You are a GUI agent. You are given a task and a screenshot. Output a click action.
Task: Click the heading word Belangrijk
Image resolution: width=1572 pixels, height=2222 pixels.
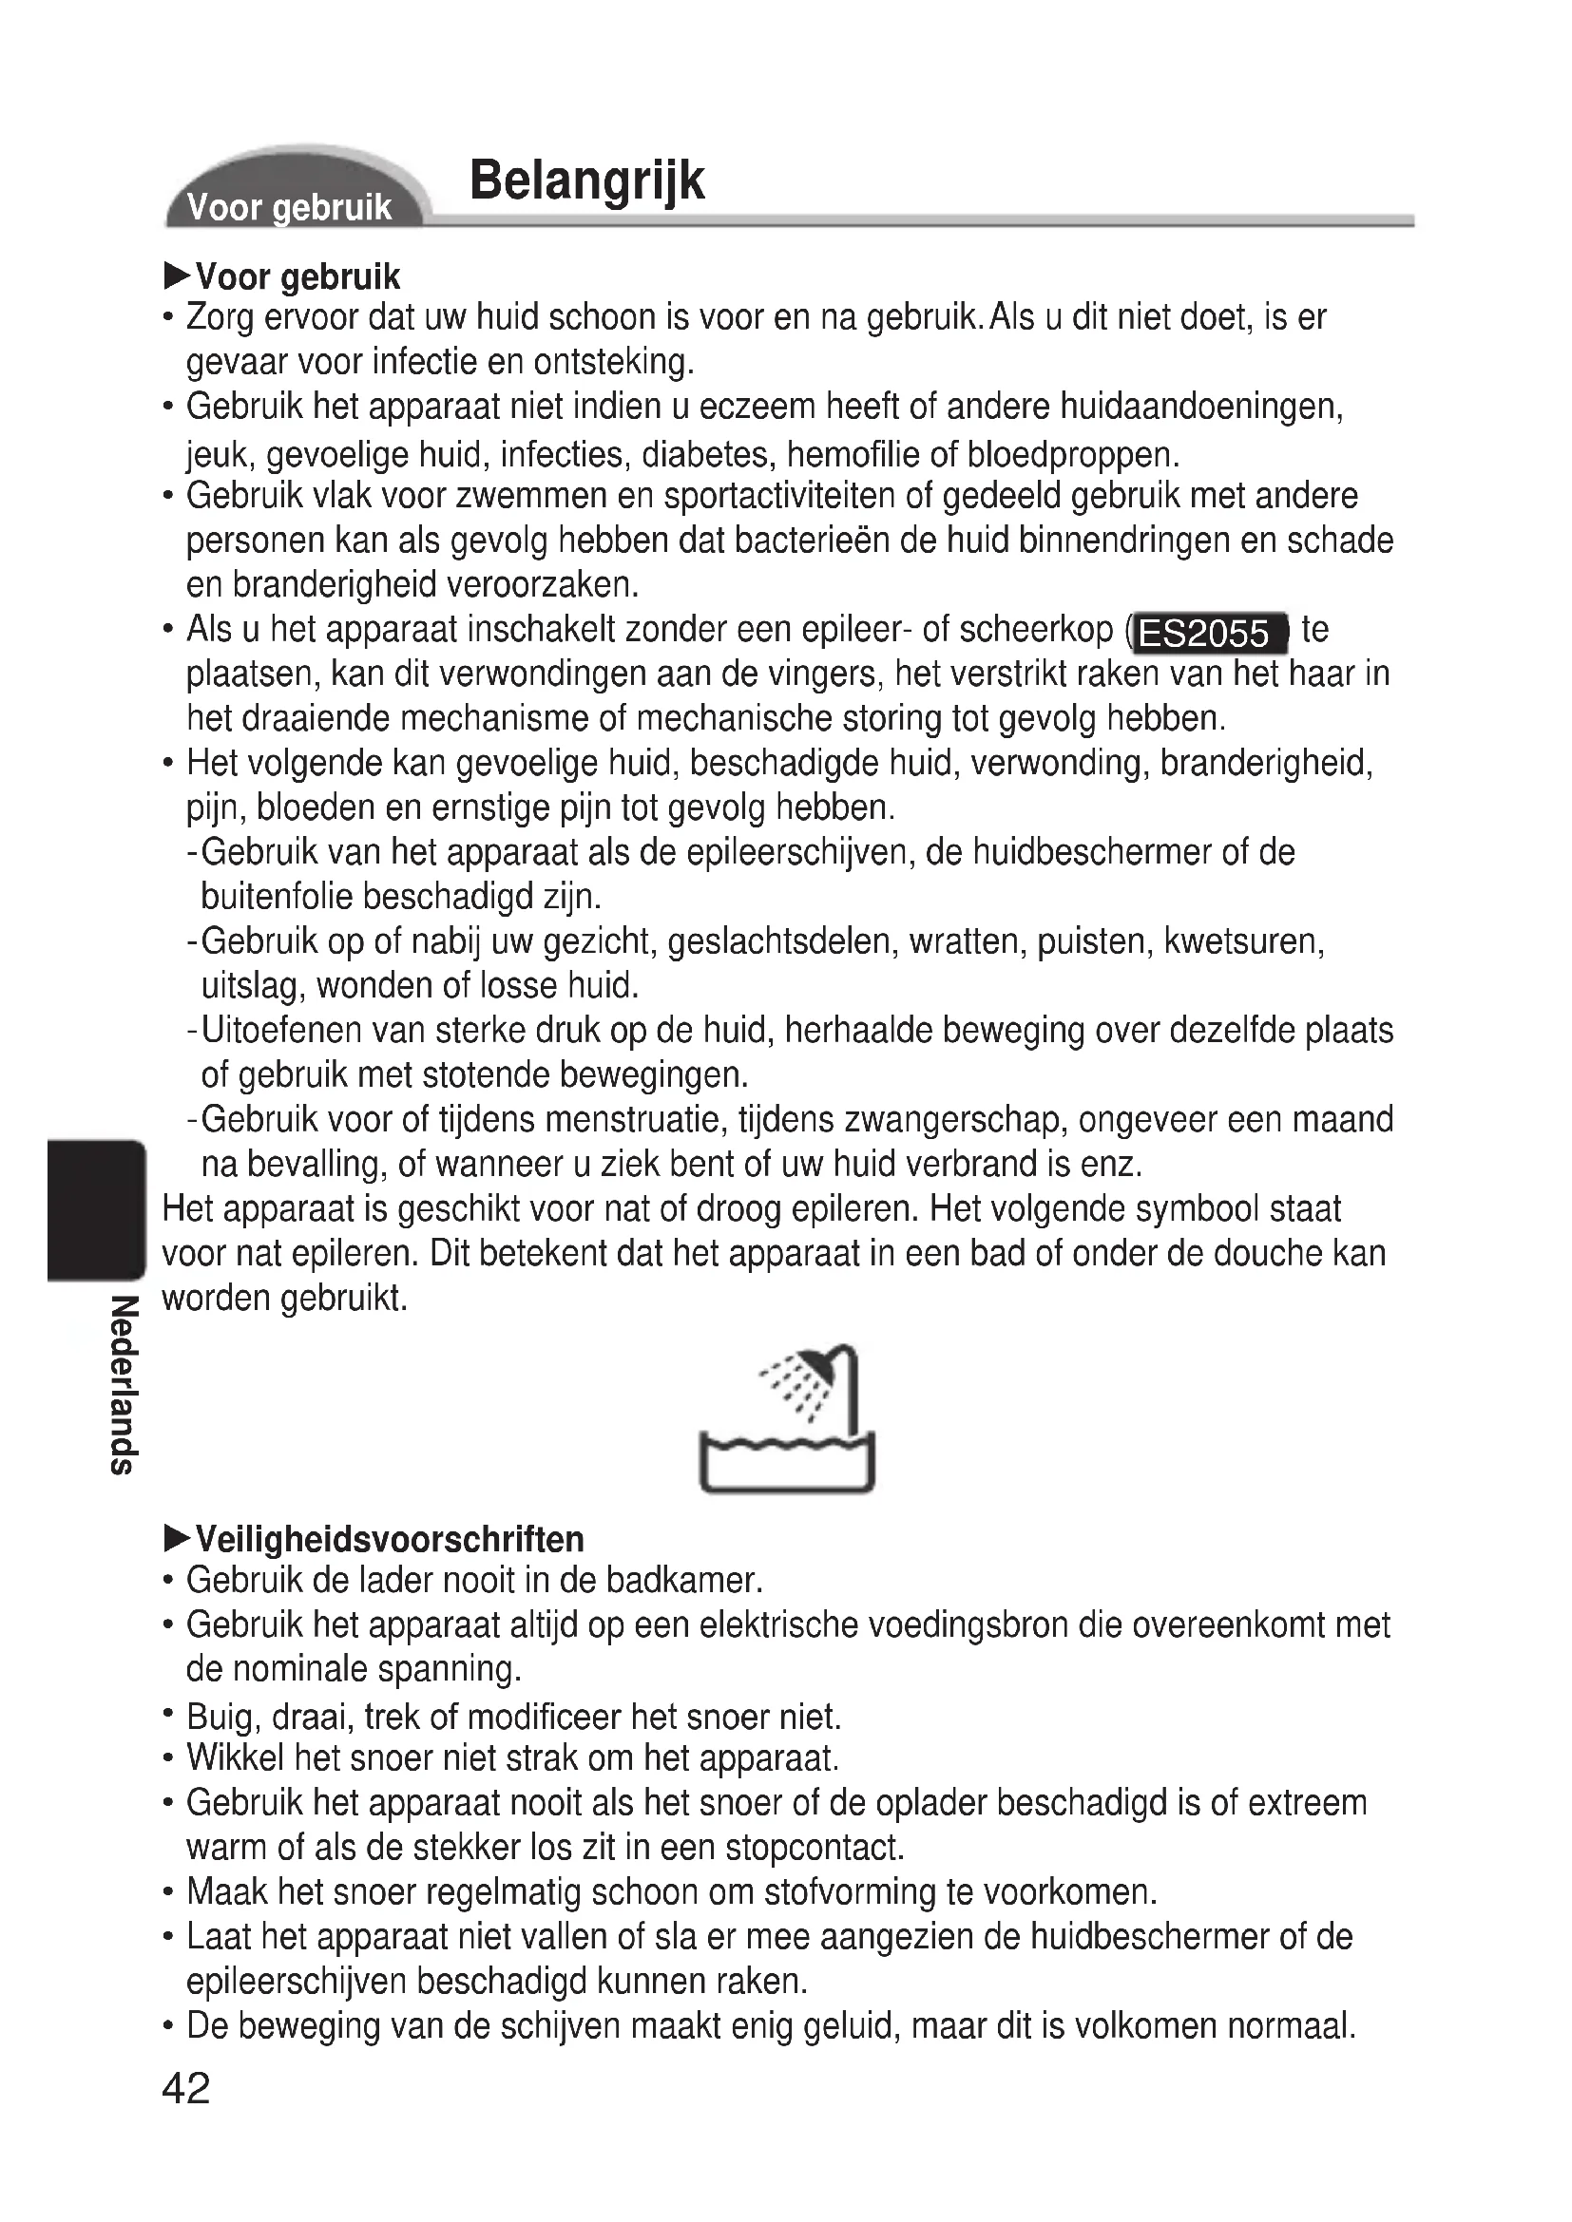[586, 181]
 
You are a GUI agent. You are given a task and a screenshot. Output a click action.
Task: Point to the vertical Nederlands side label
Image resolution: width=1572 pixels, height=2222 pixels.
[123, 1383]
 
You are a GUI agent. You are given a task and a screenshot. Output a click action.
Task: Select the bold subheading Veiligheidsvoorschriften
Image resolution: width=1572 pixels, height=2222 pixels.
[389, 1539]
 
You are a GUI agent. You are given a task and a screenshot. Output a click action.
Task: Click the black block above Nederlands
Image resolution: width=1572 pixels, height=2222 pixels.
[95, 1209]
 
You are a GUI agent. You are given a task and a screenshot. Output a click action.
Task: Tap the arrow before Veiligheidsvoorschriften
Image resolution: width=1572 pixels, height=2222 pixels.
[177, 1537]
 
